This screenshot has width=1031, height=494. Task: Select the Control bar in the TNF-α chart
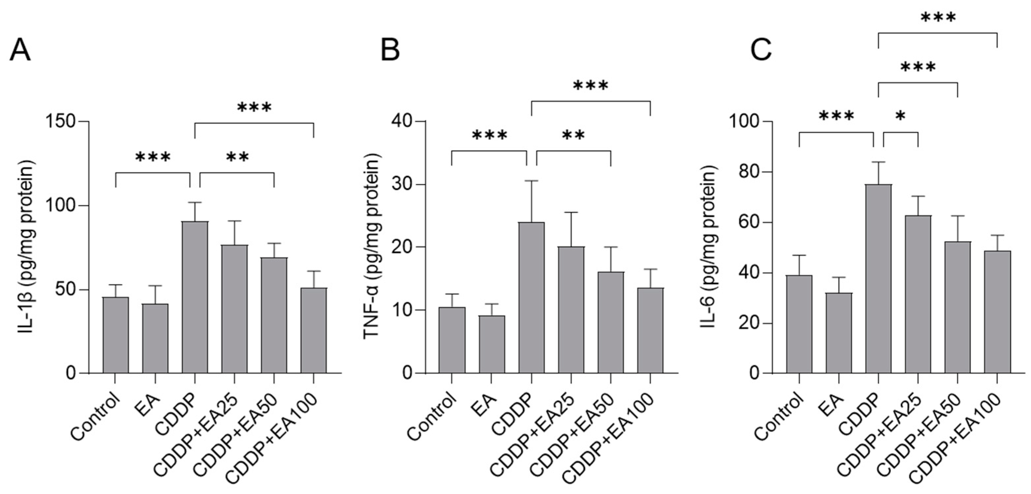tap(452, 340)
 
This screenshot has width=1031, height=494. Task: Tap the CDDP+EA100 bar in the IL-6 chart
tap(997, 312)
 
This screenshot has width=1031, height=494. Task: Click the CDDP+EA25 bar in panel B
tap(571, 310)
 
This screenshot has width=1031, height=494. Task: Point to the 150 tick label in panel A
tap(61, 121)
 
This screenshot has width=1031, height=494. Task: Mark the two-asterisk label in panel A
tap(237, 157)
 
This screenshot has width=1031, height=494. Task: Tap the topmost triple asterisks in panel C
tap(938, 18)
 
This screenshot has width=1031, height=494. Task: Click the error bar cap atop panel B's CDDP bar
tap(531, 181)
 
